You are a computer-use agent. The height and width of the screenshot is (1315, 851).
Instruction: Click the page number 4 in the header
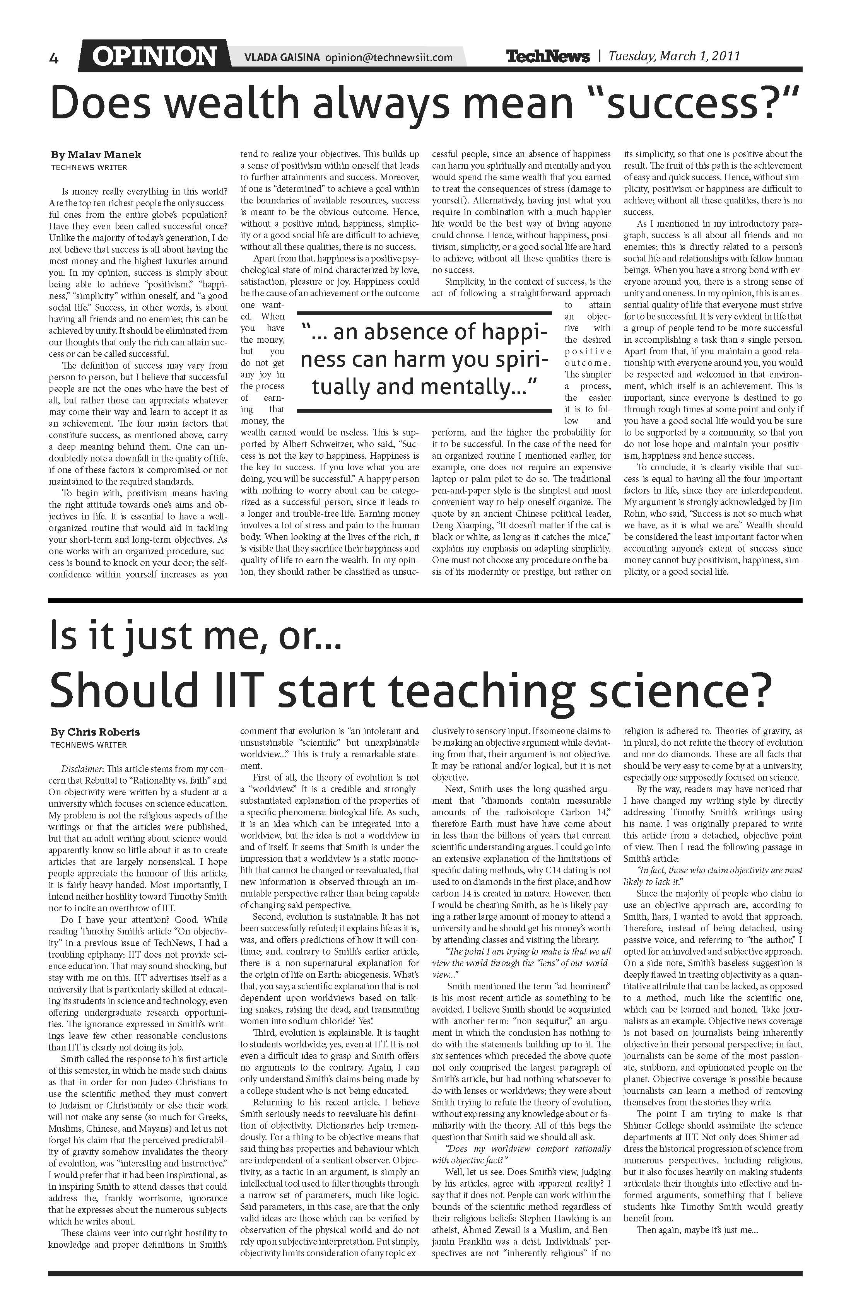(x=54, y=58)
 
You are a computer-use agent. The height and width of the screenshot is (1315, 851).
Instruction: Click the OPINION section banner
(x=154, y=56)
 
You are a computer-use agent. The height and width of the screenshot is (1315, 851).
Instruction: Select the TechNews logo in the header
(x=548, y=56)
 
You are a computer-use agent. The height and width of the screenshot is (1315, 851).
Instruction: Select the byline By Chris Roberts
(x=95, y=732)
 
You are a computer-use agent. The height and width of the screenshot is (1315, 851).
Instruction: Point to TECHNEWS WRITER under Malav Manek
(x=89, y=167)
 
